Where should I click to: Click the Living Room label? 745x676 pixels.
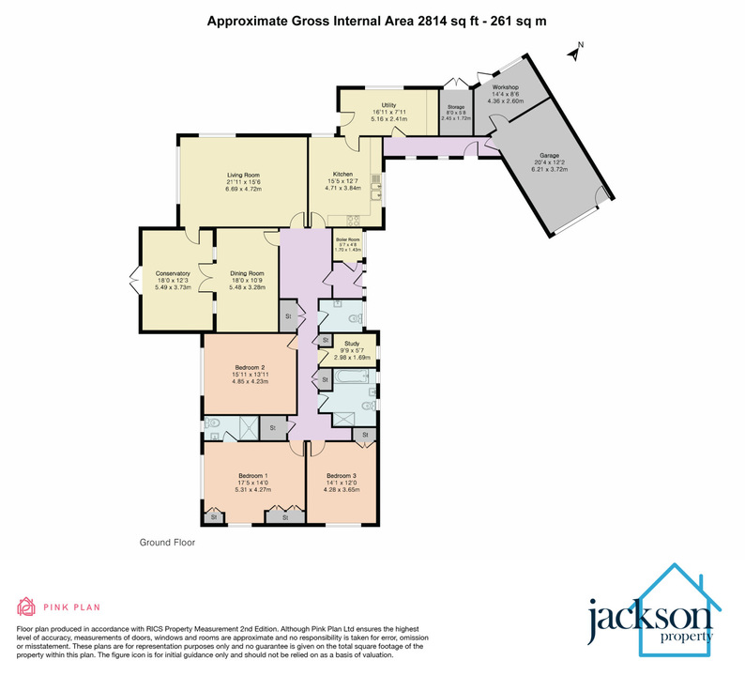241,175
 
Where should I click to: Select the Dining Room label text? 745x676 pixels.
247,273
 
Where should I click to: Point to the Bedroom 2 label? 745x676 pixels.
250,367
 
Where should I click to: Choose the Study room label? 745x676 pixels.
352,345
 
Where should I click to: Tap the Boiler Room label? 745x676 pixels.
348,240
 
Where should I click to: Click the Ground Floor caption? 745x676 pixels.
165,543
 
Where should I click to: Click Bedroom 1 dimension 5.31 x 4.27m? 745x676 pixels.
252,490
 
